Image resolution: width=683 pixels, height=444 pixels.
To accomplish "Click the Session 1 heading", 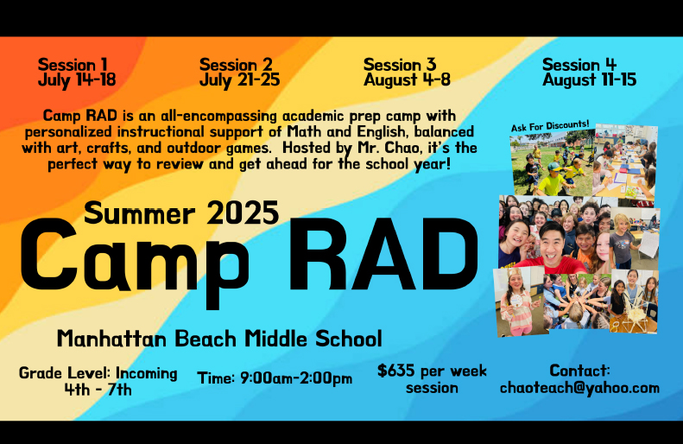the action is point(73,65).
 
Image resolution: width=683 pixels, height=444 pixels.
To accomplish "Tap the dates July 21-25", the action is point(239,80).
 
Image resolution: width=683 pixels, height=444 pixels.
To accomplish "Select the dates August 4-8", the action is point(407,80).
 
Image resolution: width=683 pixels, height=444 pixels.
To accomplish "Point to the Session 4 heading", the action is point(579,65).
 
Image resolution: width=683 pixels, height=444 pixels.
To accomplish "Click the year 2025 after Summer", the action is point(243,212).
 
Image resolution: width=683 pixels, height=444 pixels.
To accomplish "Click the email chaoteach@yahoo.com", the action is point(579,387).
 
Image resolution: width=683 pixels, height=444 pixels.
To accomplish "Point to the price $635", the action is point(396,371).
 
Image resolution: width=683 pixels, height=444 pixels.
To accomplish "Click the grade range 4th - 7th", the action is point(98,389).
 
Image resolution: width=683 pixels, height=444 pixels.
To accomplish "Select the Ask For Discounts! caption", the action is point(550,126).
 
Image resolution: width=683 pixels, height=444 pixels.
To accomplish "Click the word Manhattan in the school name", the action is point(111,339).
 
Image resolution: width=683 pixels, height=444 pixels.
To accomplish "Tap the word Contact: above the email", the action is point(579,371).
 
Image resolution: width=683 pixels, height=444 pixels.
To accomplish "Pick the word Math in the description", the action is point(305,131).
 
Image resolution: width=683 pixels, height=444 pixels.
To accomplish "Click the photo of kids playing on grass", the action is point(553,162).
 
